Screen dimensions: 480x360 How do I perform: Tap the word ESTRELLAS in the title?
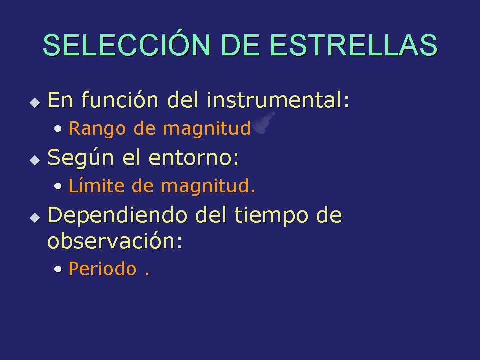354,45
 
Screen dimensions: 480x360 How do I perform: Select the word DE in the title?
240,45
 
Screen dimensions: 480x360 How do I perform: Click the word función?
120,100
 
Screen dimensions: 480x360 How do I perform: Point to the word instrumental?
278,100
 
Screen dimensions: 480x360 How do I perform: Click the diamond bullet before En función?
35,103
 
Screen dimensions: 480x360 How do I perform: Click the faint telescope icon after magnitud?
264,123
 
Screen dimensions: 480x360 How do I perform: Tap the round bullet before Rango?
58,129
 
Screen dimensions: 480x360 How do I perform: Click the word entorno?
194,158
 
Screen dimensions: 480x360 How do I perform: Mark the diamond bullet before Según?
35,160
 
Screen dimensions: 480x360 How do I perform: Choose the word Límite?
96,186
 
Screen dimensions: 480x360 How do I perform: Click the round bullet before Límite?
58,186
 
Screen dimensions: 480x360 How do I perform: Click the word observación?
115,240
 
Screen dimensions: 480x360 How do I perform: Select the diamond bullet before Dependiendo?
35,218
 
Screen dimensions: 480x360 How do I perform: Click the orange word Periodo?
103,269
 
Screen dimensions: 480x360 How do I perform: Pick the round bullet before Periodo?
58,269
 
